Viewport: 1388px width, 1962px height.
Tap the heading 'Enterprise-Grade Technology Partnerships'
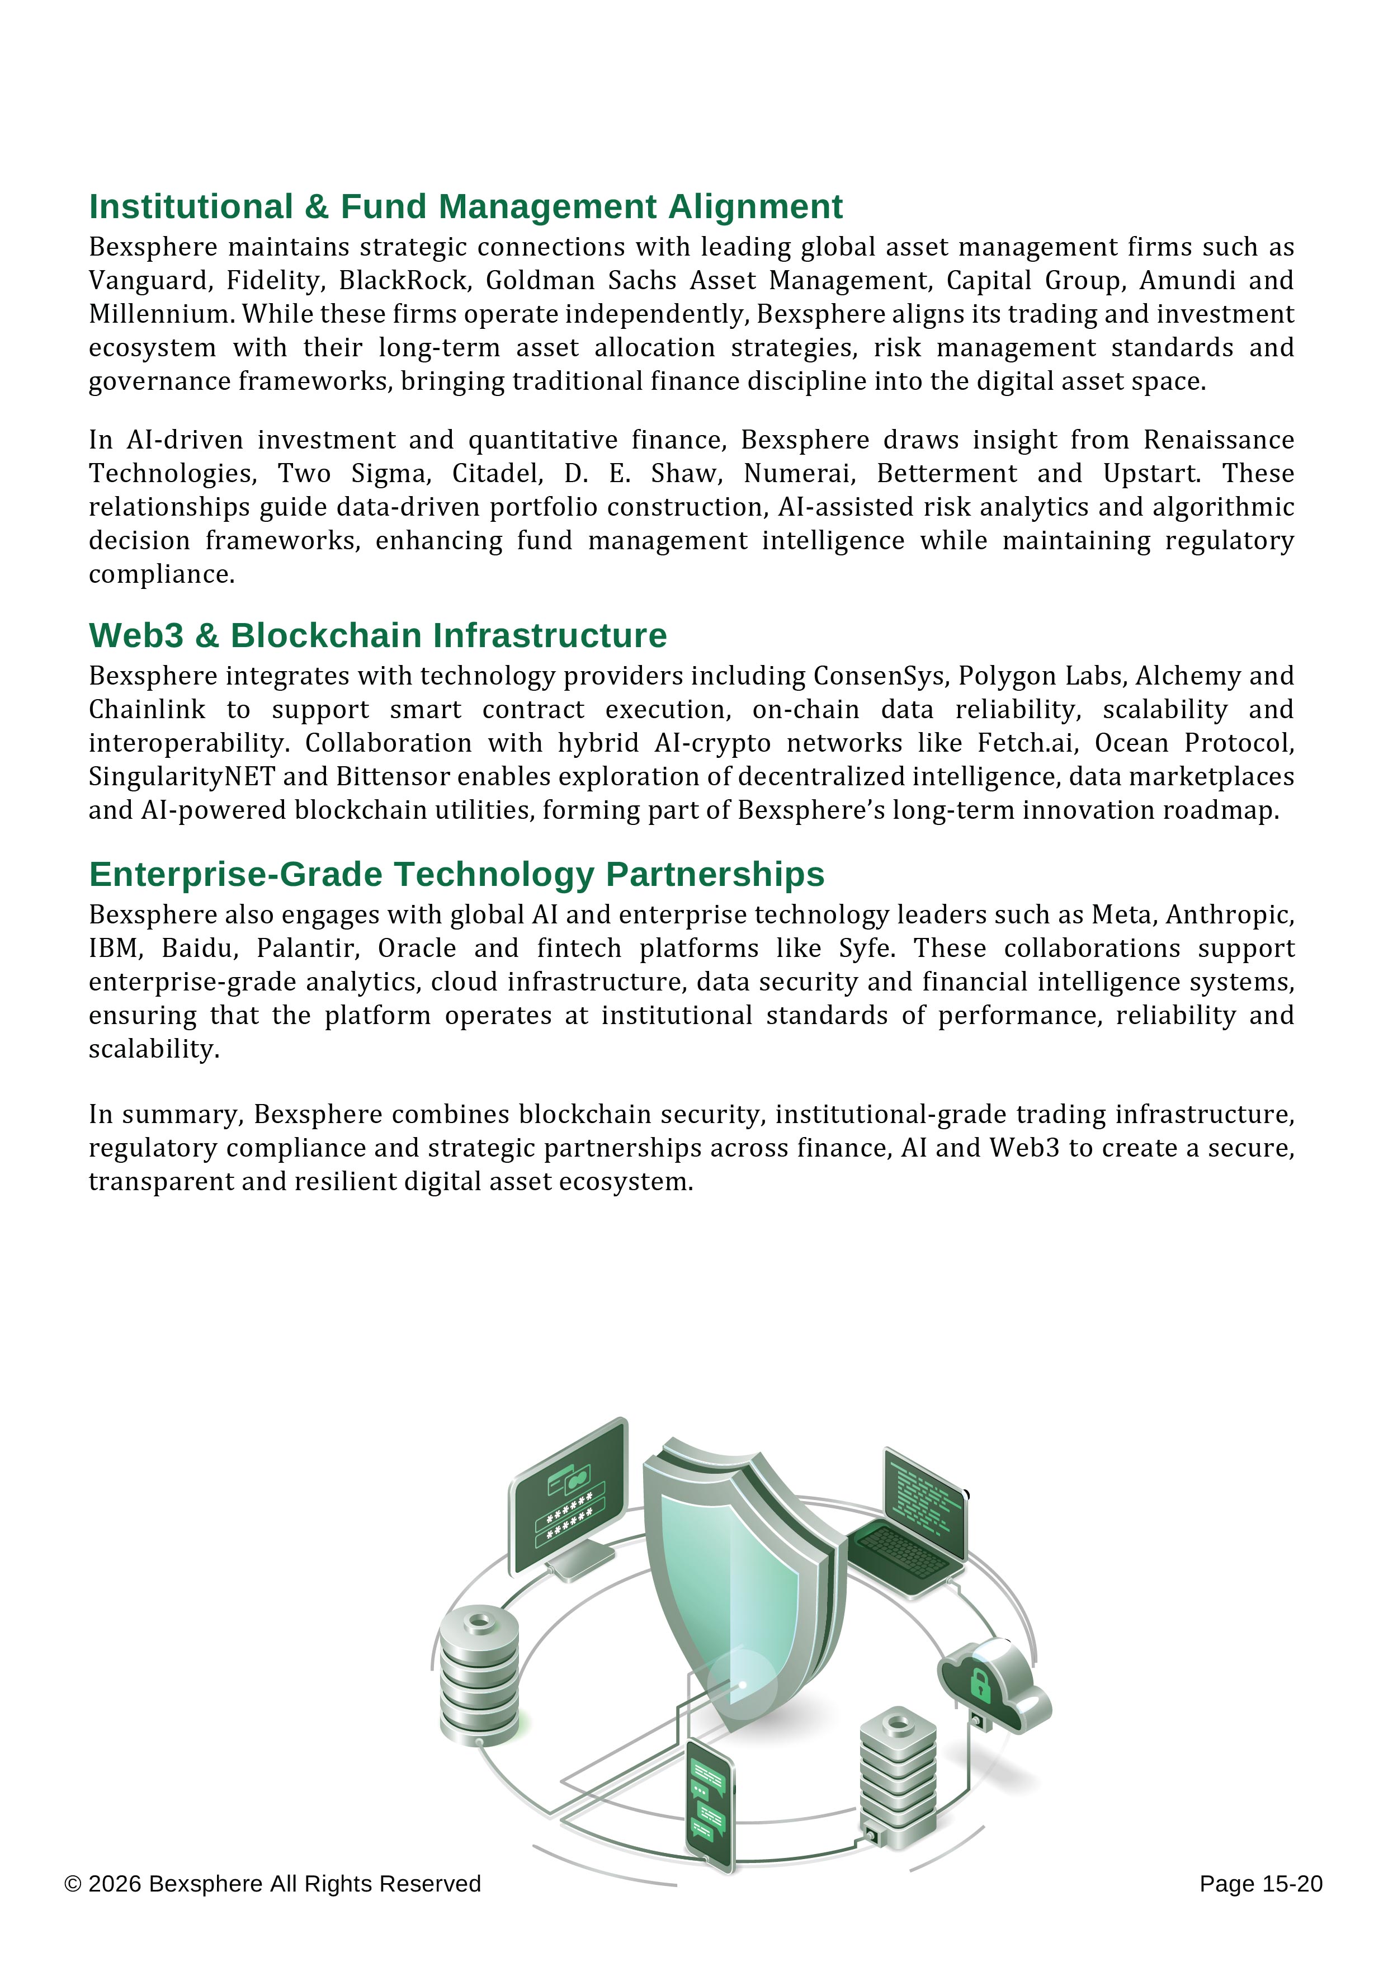coord(456,874)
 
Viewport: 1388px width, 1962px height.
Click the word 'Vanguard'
coord(146,280)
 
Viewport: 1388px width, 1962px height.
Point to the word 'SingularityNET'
coord(181,777)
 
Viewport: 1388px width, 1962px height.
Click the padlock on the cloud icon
coord(980,1684)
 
